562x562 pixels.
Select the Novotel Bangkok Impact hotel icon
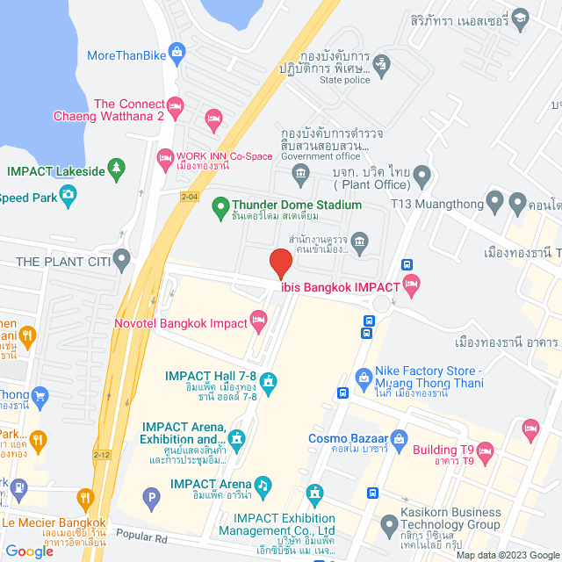tap(258, 322)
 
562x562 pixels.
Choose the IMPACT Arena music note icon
tap(262, 484)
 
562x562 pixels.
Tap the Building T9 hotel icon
tap(486, 451)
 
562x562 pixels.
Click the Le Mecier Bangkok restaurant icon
tap(85, 500)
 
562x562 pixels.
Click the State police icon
tap(381, 62)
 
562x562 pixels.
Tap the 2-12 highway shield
tap(102, 455)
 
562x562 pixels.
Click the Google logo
tap(30, 551)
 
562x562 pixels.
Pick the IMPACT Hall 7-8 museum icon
tap(269, 383)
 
